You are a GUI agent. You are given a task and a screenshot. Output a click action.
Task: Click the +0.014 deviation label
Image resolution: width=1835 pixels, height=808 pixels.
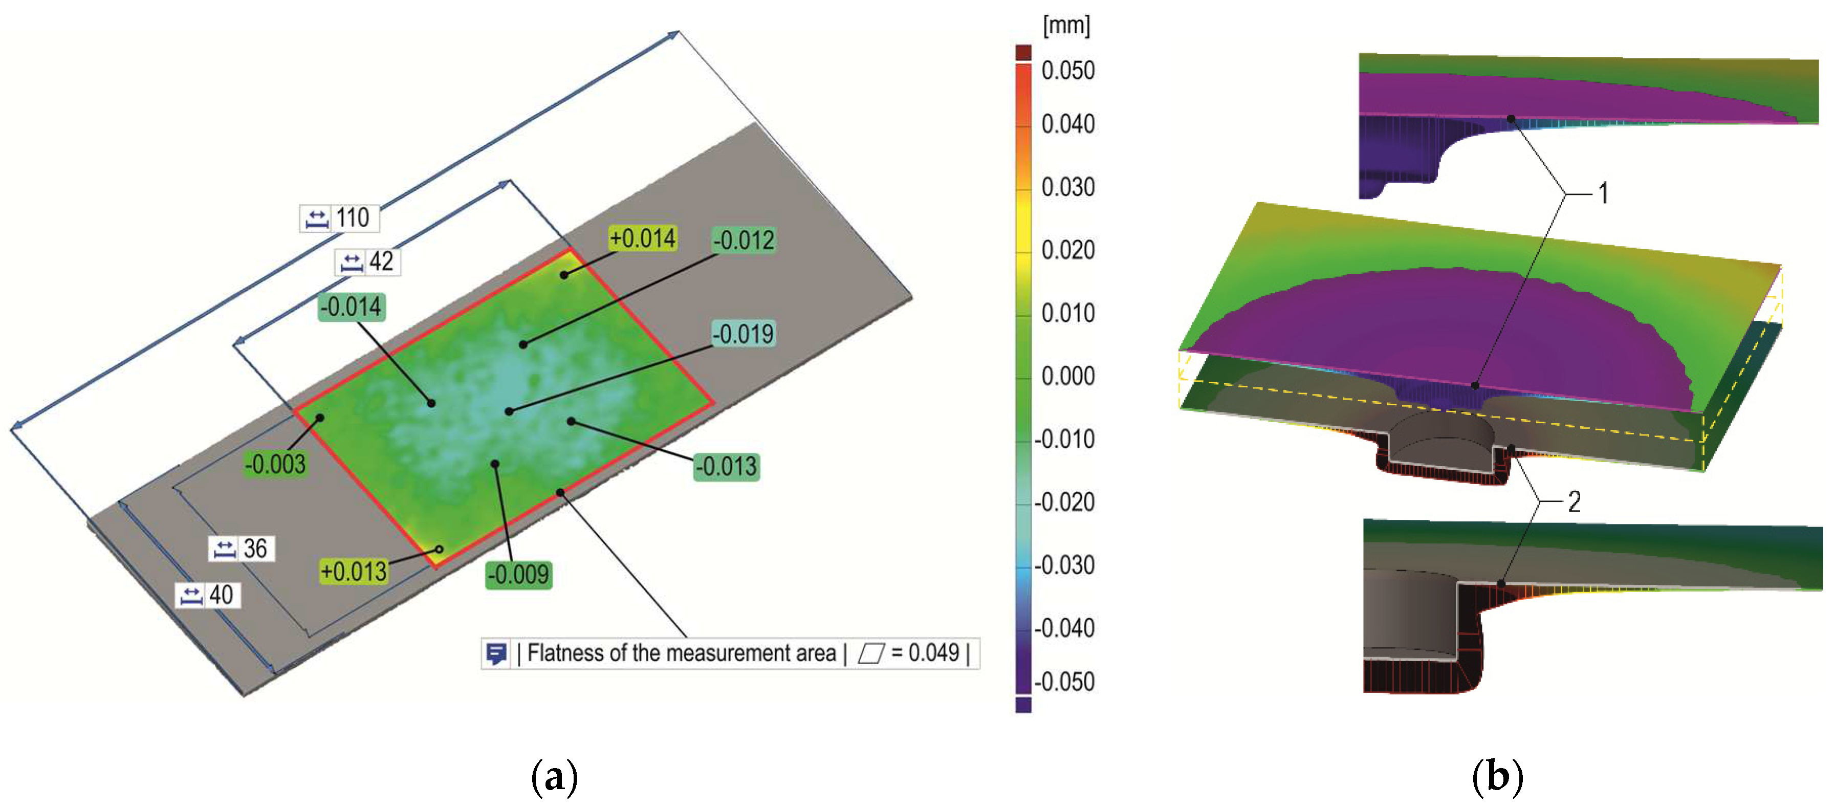coord(643,238)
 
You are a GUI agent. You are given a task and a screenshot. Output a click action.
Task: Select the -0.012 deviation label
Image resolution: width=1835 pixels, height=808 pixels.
coord(744,240)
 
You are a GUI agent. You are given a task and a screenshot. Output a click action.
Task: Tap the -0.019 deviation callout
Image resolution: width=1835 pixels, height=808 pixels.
coord(743,334)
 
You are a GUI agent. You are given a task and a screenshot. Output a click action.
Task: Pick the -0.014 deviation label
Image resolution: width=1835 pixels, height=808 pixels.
coord(352,307)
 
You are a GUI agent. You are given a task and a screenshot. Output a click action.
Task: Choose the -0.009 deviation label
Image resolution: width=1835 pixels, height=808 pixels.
coord(518,574)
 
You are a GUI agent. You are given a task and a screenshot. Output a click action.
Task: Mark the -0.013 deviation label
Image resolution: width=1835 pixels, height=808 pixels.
coord(726,467)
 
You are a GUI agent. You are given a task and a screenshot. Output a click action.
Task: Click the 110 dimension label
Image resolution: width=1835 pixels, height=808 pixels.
coord(352,218)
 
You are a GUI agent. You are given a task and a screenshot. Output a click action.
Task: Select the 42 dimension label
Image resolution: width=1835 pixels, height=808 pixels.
coord(380,261)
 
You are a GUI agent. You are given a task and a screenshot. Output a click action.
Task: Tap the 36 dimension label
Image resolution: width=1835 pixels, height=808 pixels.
coord(254,549)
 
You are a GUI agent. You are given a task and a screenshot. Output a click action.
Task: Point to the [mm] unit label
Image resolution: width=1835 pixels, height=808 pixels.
coord(1066,26)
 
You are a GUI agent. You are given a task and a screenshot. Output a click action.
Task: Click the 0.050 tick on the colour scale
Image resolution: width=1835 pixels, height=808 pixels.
coord(1067,71)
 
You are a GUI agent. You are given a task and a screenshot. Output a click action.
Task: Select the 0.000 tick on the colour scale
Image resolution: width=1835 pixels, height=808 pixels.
coord(1067,376)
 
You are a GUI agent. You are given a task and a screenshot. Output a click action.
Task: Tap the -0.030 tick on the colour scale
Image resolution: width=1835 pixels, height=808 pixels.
coord(1064,565)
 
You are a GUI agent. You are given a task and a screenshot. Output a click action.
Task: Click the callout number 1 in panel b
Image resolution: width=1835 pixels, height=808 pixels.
coord(1603,193)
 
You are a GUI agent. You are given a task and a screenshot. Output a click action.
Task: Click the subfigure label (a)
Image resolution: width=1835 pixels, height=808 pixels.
coord(554,777)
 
